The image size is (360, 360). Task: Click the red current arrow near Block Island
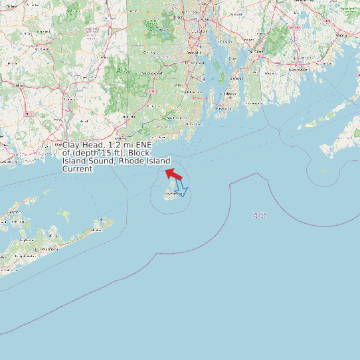(174, 174)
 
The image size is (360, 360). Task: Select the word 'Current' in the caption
(77, 169)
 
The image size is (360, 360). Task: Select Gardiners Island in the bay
(64, 215)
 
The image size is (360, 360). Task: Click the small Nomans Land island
(323, 171)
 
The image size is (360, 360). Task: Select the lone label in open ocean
(259, 214)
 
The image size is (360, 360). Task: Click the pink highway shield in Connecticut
(29, 114)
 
